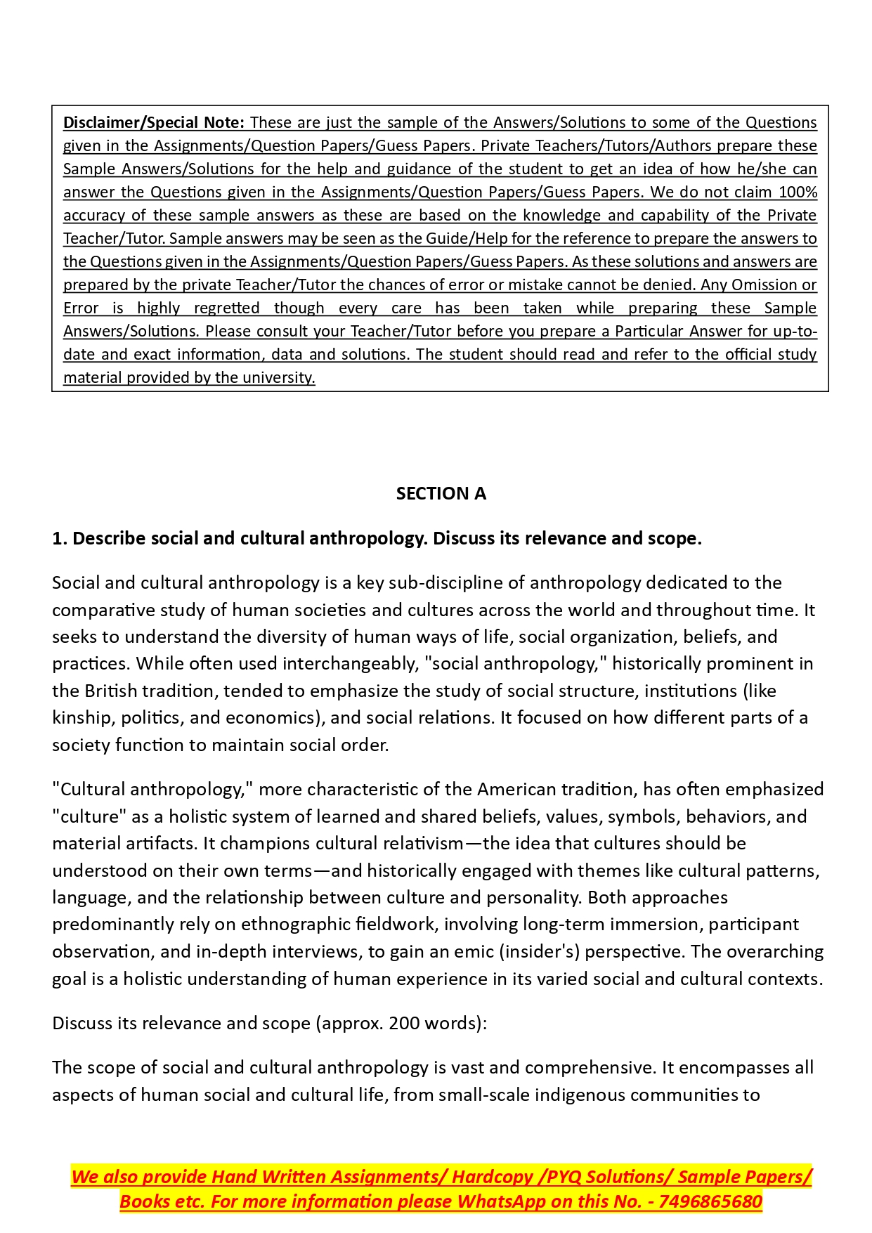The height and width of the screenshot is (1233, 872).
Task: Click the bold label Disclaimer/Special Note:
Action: point(154,122)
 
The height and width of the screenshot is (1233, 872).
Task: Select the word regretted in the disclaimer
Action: point(226,308)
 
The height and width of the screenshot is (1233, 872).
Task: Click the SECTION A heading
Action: point(441,493)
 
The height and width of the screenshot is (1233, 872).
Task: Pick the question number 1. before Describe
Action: point(60,538)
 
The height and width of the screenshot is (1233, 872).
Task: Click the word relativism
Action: point(423,843)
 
